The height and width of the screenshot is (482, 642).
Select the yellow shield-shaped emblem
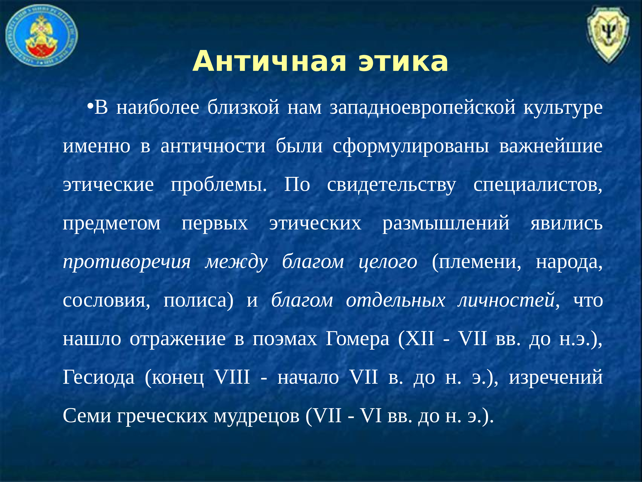[x=608, y=34]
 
